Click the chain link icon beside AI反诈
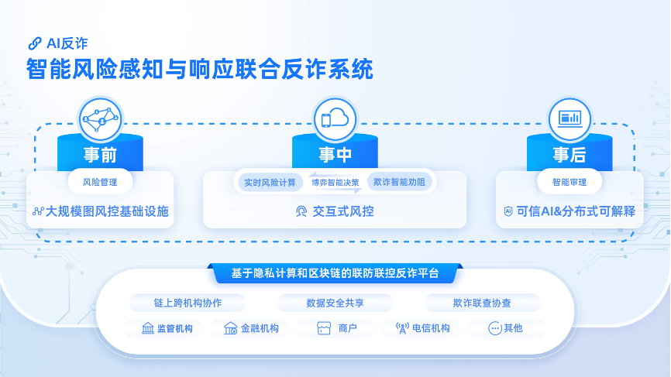(x=34, y=43)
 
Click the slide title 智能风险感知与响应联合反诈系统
(x=199, y=69)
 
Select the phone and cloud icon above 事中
(x=335, y=119)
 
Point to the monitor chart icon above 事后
(x=569, y=119)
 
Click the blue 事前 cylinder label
(x=101, y=155)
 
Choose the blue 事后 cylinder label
(x=569, y=155)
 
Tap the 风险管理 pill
(x=101, y=183)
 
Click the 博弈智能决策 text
(x=335, y=183)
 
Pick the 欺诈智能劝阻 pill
(x=399, y=183)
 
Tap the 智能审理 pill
(x=569, y=183)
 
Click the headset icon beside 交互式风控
(x=301, y=211)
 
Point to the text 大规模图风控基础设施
(x=107, y=211)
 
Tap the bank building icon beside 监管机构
(x=147, y=328)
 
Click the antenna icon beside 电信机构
(x=401, y=328)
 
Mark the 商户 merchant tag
(x=338, y=328)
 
